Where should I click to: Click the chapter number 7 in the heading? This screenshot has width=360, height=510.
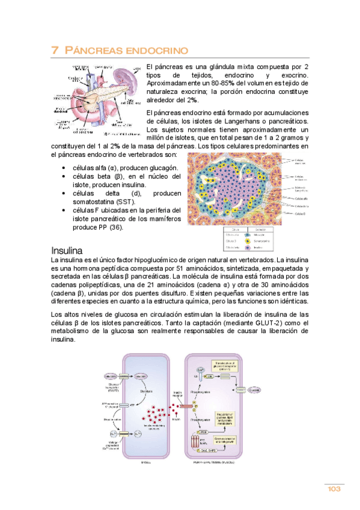(x=55, y=51)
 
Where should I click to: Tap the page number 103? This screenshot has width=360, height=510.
(x=334, y=489)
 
